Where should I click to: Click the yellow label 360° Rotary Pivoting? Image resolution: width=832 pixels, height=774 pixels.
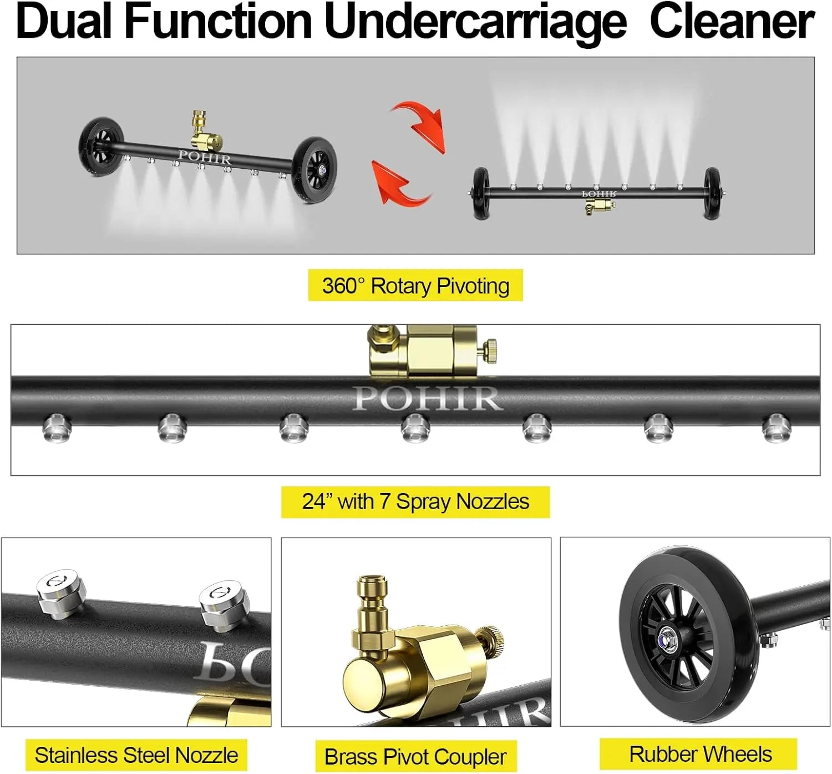[415, 286]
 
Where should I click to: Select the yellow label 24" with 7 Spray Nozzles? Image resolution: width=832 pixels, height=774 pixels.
[415, 502]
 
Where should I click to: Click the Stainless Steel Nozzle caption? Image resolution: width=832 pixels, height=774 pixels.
[136, 755]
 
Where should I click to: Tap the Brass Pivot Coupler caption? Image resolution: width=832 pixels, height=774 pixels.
[415, 756]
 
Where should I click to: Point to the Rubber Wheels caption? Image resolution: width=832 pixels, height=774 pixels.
[700, 754]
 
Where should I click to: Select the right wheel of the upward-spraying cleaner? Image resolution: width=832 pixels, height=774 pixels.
[712, 193]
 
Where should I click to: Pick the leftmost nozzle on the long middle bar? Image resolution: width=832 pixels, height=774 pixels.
[57, 428]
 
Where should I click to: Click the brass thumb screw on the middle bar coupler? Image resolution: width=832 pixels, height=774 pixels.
[489, 350]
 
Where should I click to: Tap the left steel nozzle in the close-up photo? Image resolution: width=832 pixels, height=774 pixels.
[60, 592]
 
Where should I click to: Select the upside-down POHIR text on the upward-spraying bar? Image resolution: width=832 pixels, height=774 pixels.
[599, 194]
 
